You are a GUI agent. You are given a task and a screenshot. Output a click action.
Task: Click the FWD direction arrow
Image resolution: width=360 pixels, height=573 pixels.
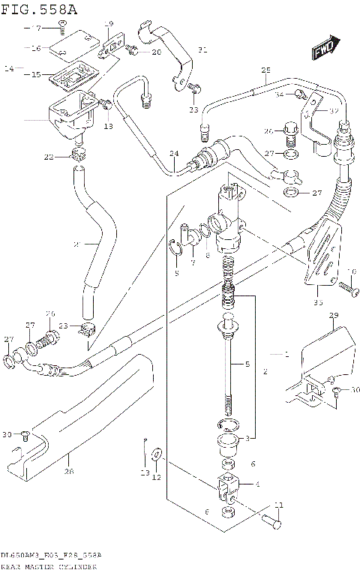pos(325,50)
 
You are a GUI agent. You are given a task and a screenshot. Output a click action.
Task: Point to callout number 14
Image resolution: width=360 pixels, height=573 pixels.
pos(9,68)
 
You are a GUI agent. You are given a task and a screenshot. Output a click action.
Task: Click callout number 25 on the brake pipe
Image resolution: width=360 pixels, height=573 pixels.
pos(265,72)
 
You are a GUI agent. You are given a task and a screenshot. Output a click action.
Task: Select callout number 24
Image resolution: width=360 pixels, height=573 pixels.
pos(174,154)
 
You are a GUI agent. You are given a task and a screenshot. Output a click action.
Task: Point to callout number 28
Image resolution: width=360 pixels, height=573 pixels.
pos(68,471)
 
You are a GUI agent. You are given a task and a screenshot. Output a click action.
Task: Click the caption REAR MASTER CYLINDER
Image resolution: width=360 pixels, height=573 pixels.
pos(49,566)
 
